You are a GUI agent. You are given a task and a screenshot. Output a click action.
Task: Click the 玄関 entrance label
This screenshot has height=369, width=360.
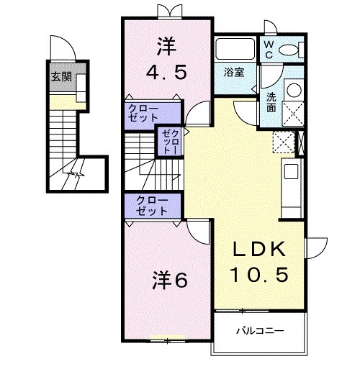pos(60,76)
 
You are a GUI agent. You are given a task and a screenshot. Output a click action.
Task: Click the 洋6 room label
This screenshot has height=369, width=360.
pos(170,279)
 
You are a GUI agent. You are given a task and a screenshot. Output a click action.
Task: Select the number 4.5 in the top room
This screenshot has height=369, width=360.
pos(166,72)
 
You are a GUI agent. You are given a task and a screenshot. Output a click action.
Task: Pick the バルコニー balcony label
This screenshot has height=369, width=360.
pos(260,330)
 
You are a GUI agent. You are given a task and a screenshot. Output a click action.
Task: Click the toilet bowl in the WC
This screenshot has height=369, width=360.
pos(292,49)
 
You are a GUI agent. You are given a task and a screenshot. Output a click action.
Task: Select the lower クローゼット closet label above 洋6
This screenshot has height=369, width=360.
pos(150,206)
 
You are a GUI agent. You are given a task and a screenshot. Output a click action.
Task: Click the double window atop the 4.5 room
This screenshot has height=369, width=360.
pos(166,12)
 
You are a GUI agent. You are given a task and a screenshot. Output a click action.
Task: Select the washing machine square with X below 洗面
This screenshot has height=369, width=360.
pos(293,113)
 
